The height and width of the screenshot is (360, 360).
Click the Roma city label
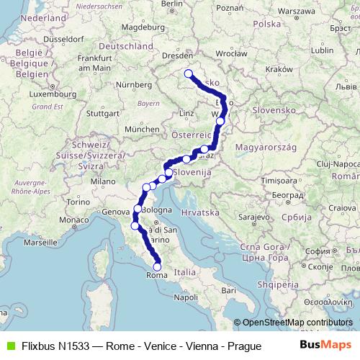(x=156, y=275)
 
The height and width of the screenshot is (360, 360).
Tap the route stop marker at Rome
(x=158, y=267)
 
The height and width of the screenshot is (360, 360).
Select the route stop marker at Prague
(x=189, y=73)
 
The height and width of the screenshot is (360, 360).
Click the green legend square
(x=9, y=346)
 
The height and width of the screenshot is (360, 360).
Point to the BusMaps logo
(x=325, y=346)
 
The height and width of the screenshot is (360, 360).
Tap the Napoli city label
(x=186, y=297)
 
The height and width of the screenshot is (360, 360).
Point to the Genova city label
(x=116, y=212)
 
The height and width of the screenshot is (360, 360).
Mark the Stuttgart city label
(x=102, y=113)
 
